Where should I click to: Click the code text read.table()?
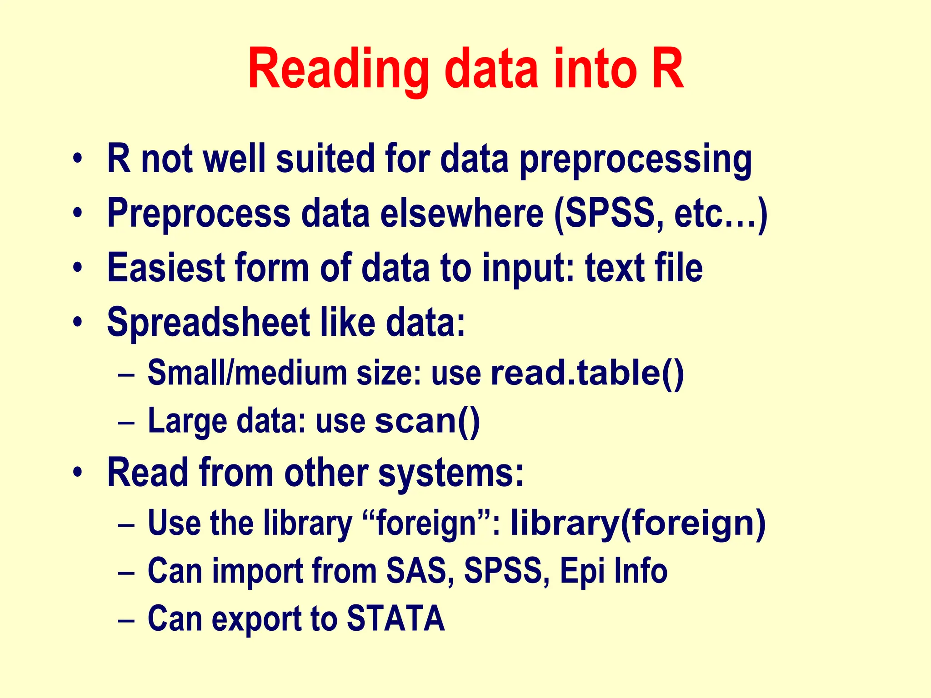point(587,373)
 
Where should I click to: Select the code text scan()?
point(427,420)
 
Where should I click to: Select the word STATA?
point(395,618)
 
